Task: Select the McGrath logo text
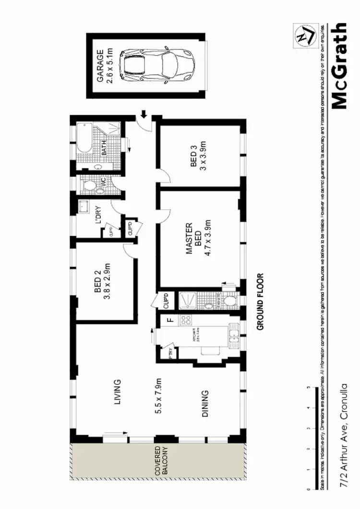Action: click(x=340, y=66)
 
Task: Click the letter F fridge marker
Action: click(x=169, y=320)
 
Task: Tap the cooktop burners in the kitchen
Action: click(x=185, y=320)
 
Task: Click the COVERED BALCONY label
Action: click(x=160, y=463)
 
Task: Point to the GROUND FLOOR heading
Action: click(x=261, y=302)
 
